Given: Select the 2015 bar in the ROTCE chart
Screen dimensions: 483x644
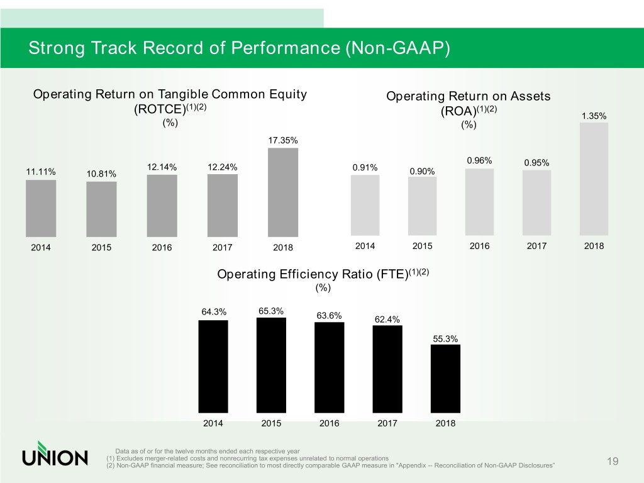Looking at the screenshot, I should [x=101, y=208].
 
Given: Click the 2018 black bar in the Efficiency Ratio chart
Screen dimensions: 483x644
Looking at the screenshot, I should [x=445, y=377].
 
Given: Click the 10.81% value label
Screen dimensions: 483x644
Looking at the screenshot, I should [x=101, y=174].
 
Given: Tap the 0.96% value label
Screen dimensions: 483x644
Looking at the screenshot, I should [x=479, y=160].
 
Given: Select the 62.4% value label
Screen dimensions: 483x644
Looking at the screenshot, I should [x=387, y=319].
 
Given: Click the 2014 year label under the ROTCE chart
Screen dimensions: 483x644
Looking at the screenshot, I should [x=40, y=247].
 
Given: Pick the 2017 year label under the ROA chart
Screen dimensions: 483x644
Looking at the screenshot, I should [x=536, y=246].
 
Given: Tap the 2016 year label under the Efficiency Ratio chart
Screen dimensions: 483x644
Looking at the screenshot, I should [x=329, y=423].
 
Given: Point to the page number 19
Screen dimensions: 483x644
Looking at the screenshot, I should [x=613, y=462].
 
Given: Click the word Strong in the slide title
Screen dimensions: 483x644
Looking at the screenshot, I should [x=56, y=48].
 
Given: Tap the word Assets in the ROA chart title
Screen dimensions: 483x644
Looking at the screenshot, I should [x=526, y=96].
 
